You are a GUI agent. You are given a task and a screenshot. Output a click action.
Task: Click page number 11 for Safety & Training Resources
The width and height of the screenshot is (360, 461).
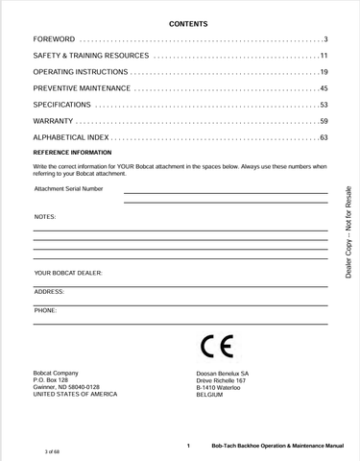324,57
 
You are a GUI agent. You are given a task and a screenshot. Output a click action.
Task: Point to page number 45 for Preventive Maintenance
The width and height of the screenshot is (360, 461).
324,88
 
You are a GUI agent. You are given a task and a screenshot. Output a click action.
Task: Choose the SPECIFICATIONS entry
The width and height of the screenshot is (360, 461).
62,105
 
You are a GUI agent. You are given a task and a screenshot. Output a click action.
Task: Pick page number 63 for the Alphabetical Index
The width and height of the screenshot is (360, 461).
324,137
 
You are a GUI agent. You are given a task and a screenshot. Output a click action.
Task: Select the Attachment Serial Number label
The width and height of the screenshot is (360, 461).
68,189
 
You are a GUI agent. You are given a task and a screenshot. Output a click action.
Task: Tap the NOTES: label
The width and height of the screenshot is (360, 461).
45,217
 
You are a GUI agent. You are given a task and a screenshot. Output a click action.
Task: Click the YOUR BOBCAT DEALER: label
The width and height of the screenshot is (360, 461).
68,273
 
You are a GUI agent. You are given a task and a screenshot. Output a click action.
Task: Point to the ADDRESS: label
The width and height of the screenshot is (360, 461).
50,291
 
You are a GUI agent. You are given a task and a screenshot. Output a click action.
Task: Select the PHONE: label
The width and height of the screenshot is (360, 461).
46,310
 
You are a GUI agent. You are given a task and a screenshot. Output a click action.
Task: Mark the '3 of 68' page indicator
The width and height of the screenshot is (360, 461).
53,449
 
